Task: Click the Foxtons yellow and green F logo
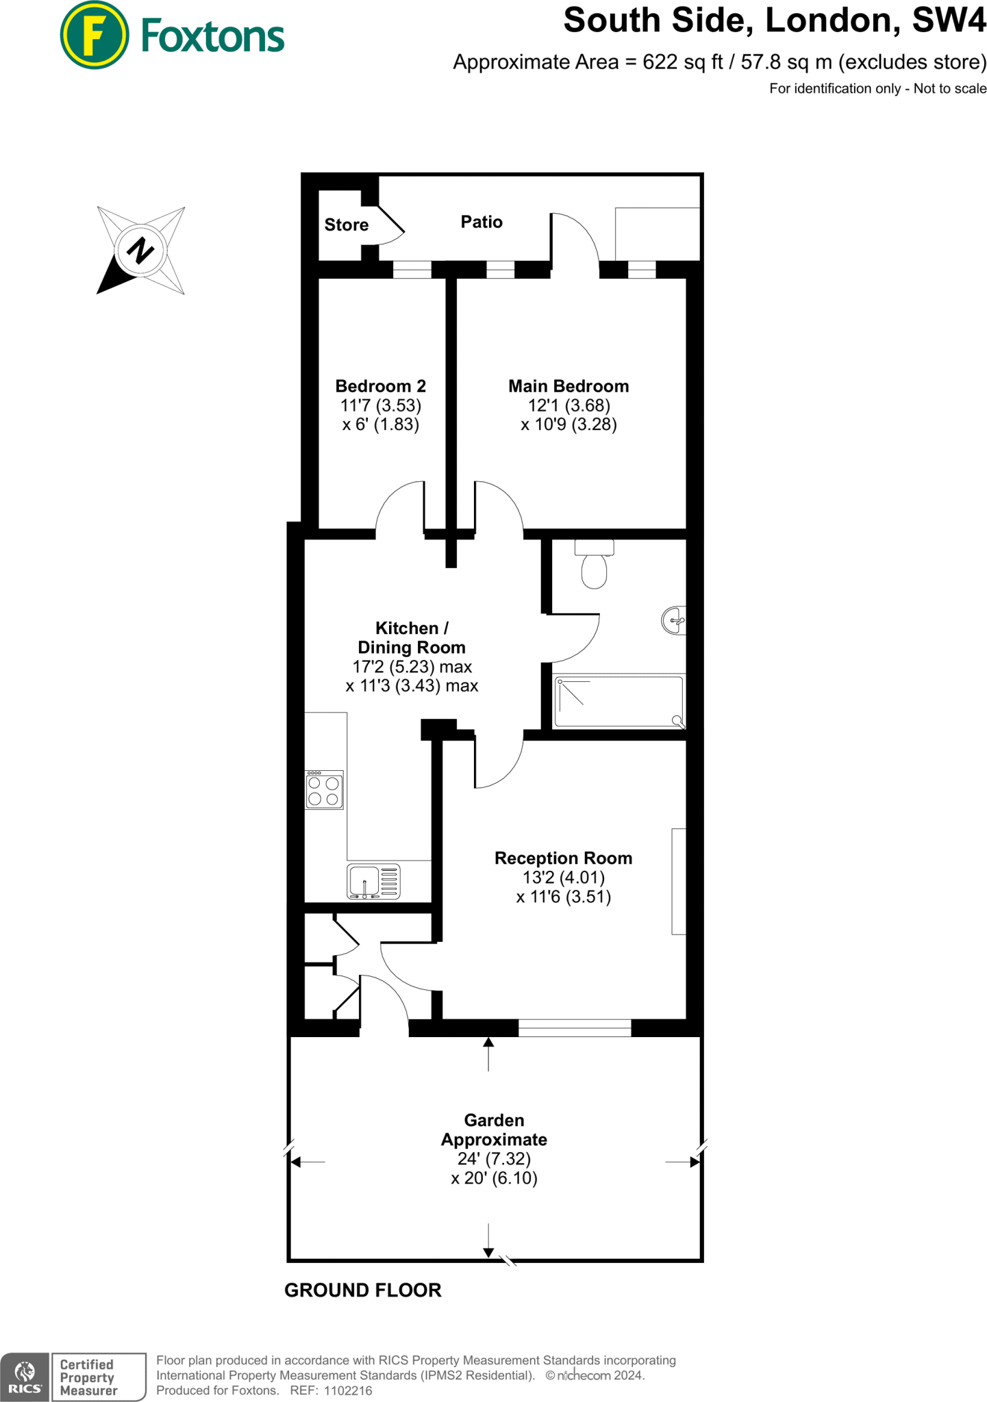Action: point(95,36)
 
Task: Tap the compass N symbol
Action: point(140,251)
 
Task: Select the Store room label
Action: point(346,225)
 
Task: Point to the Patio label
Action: point(482,222)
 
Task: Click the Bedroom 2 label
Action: point(380,386)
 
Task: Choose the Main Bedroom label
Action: point(568,386)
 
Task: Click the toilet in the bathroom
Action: point(594,565)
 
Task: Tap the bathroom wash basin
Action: point(675,621)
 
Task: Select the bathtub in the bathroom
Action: point(618,702)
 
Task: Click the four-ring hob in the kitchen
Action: point(324,791)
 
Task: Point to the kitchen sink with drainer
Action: point(373,882)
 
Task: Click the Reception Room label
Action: point(563,858)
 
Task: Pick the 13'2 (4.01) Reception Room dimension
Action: point(563,878)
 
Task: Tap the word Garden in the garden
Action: point(494,1120)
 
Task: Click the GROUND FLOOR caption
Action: point(362,1290)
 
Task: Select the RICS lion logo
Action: point(25,1374)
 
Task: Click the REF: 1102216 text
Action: point(331,1390)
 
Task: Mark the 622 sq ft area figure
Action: point(682,62)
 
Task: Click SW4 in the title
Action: point(949,21)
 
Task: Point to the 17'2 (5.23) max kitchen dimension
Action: point(412,667)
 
